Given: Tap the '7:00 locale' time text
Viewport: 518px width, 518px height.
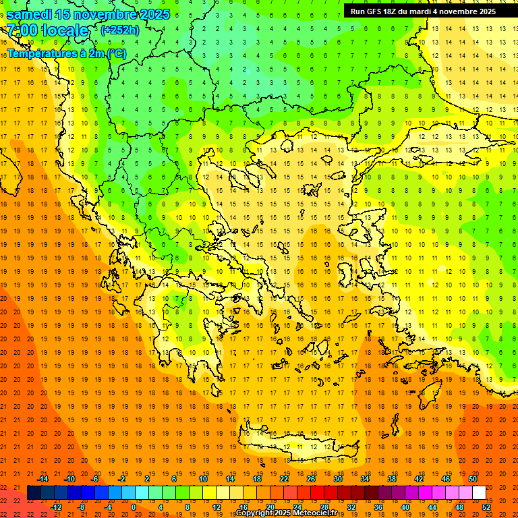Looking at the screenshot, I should click(x=47, y=30).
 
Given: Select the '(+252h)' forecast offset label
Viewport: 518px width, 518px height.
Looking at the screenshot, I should click(x=120, y=30).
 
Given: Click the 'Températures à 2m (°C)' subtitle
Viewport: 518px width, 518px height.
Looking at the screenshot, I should click(x=67, y=53).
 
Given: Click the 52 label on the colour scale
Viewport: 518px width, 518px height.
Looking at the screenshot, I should click(x=486, y=507).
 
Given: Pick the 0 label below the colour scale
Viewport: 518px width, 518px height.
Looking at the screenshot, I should click(x=133, y=507).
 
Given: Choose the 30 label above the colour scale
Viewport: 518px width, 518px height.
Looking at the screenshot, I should click(x=338, y=479).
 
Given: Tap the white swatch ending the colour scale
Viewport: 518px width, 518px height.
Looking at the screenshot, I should click(x=479, y=493).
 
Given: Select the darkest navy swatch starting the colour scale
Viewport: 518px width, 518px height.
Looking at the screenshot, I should click(x=34, y=493).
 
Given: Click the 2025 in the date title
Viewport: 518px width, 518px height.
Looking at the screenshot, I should click(x=155, y=14).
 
